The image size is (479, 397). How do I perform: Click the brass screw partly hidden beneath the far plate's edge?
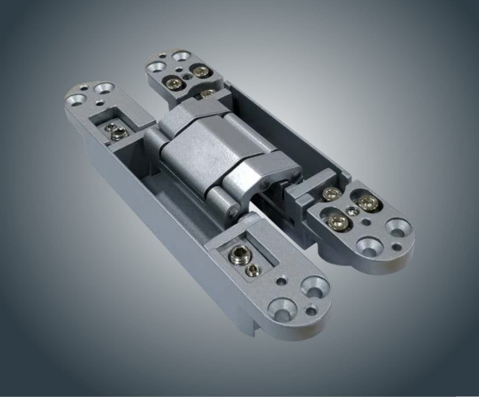[208, 93]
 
